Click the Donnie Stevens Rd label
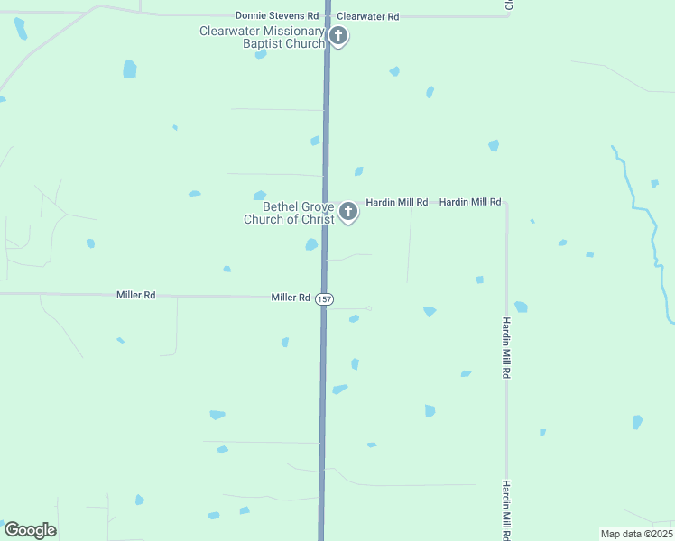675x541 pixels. (277, 16)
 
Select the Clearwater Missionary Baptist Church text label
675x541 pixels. (263, 37)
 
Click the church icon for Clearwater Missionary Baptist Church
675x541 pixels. (338, 37)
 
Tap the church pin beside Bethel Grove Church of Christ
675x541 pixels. (348, 213)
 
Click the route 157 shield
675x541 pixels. (325, 298)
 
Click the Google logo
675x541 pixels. (30, 530)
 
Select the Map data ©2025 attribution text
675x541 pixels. (635, 534)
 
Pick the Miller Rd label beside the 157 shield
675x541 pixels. (291, 297)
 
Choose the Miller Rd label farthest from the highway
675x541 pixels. (135, 295)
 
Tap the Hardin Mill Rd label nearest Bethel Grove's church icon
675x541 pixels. (396, 202)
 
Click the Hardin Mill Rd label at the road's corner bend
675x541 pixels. (470, 202)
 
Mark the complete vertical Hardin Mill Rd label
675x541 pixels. (507, 347)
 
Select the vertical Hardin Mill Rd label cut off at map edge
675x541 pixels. (507, 510)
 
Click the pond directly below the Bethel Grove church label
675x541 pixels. (311, 244)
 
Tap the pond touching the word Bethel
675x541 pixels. (260, 195)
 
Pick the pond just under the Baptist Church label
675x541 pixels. (261, 54)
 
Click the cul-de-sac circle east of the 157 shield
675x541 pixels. (369, 309)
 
